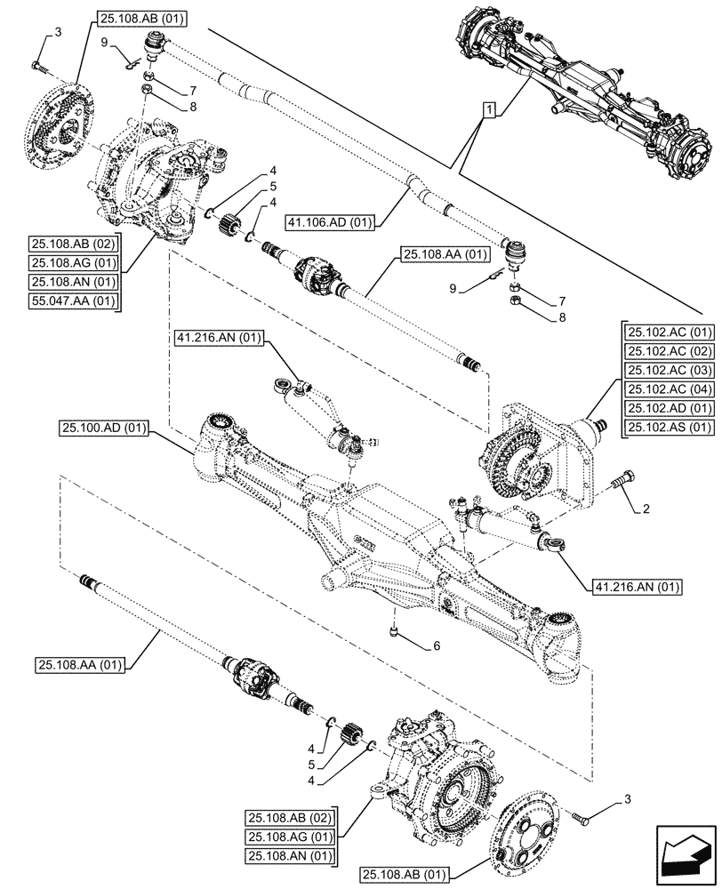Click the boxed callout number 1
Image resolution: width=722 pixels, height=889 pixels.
click(x=488, y=109)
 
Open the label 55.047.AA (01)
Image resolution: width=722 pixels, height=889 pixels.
click(x=74, y=300)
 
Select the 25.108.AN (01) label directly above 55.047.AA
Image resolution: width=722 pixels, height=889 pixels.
click(x=74, y=281)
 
